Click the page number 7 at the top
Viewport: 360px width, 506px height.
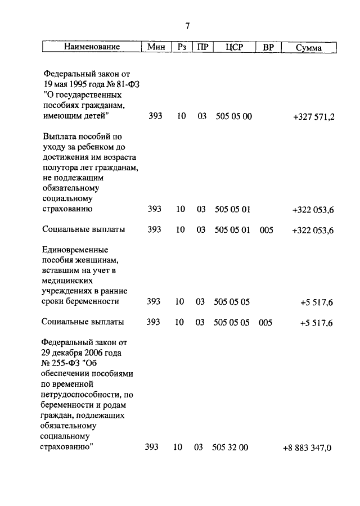[x=188, y=26]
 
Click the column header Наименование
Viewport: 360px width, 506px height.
[x=91, y=48]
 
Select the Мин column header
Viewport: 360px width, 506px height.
[x=156, y=48]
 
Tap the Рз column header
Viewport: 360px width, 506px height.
[x=181, y=48]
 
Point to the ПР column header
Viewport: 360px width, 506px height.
[x=201, y=48]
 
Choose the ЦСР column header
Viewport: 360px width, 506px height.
[x=233, y=48]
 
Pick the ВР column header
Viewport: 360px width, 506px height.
[x=268, y=48]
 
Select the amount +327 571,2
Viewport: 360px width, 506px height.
[x=313, y=116]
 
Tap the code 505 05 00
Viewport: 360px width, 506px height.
[x=233, y=116]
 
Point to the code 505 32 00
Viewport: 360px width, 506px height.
[x=231, y=448]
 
